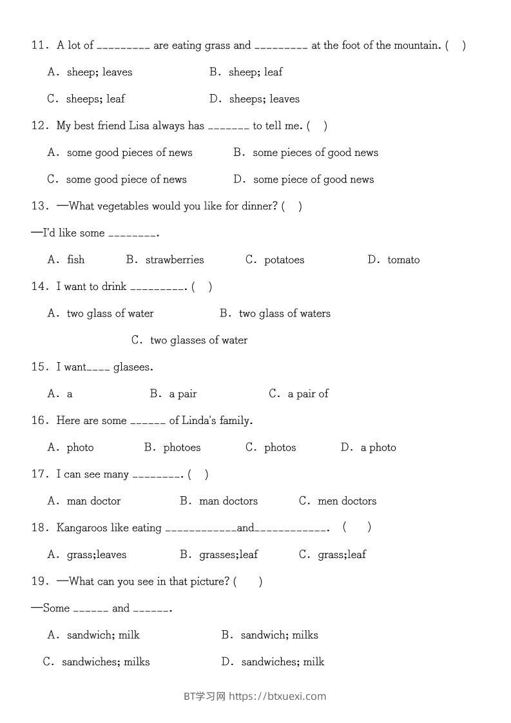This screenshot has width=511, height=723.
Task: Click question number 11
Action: pyautogui.click(x=40, y=45)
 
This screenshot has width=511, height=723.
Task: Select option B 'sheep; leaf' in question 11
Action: pyautogui.click(x=246, y=72)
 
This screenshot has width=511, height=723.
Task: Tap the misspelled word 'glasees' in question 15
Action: pyautogui.click(x=133, y=367)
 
